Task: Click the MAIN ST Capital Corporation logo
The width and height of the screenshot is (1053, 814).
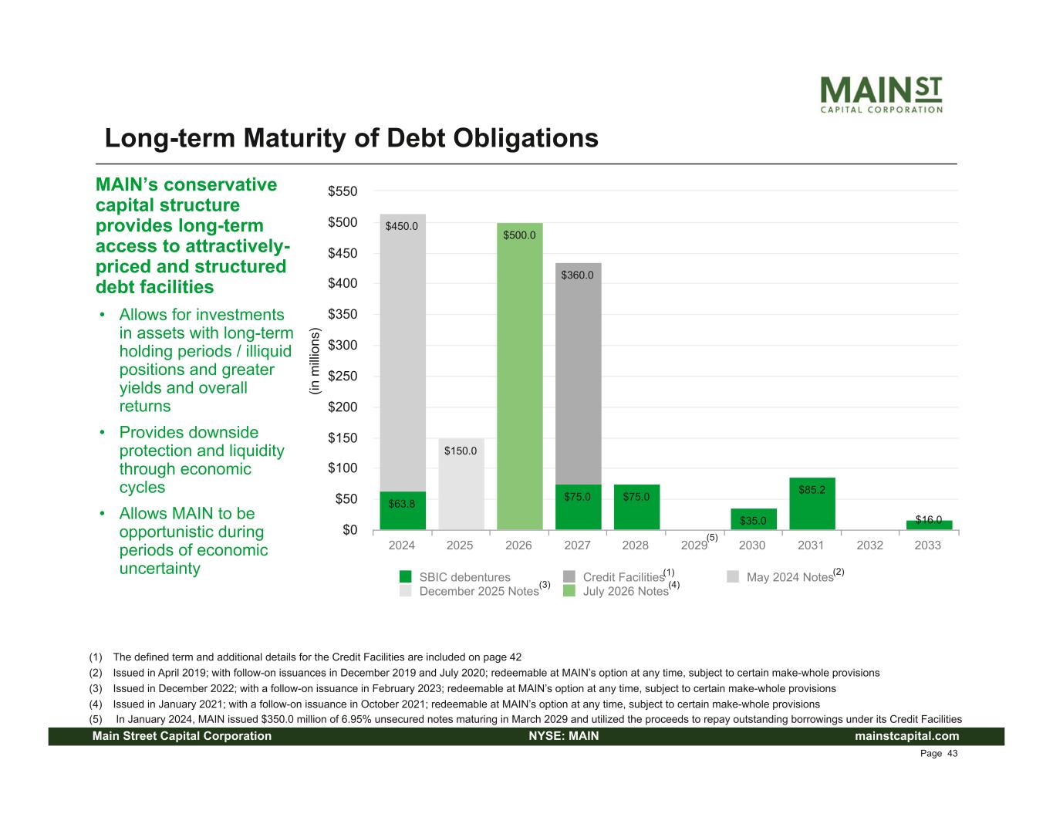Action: [880, 94]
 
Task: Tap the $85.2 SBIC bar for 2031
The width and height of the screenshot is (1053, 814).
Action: [812, 503]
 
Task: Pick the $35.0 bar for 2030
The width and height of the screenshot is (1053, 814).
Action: [753, 519]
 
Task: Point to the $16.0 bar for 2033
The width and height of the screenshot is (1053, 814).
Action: [928, 525]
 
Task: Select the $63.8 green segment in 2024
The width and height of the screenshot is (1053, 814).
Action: [402, 511]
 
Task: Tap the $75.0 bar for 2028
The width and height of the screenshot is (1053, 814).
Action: [636, 507]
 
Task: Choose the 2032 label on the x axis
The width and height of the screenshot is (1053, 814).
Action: [869, 545]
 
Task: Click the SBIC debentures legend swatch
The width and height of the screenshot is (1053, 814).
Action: [406, 577]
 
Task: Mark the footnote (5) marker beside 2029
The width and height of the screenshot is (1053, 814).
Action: [712, 537]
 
